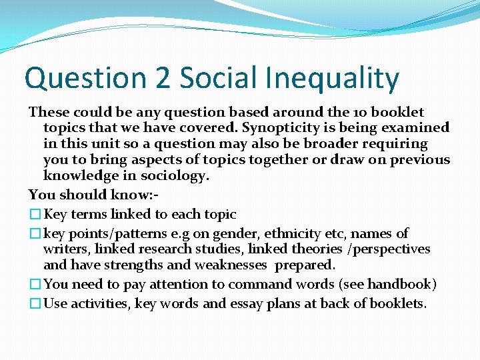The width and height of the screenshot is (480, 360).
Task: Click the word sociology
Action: pos(176,175)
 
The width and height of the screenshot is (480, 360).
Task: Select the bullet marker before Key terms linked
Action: pos(35,215)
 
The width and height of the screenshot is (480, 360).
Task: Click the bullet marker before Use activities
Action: pos(35,304)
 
